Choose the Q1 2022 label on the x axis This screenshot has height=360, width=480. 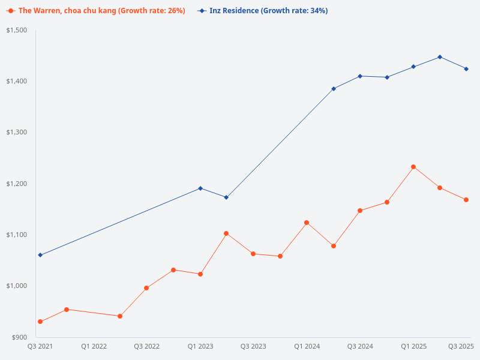click(x=94, y=346)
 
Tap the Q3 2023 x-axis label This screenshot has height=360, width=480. click(x=253, y=346)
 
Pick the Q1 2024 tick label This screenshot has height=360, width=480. click(x=307, y=346)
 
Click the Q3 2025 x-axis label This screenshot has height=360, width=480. click(x=461, y=346)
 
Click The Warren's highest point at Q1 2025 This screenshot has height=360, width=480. click(x=413, y=167)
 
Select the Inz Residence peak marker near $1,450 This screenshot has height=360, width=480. click(x=440, y=57)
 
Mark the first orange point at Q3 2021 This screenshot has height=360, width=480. click(x=40, y=322)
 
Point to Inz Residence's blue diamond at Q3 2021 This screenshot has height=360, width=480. click(x=40, y=255)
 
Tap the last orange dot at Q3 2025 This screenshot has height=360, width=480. click(x=466, y=200)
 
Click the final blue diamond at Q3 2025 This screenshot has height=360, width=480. click(x=466, y=69)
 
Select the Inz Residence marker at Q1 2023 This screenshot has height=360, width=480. click(x=200, y=188)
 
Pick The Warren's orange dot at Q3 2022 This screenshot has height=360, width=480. click(x=146, y=288)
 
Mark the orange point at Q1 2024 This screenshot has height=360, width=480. click(x=307, y=223)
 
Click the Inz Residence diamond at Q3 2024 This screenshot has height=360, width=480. click(x=360, y=76)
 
